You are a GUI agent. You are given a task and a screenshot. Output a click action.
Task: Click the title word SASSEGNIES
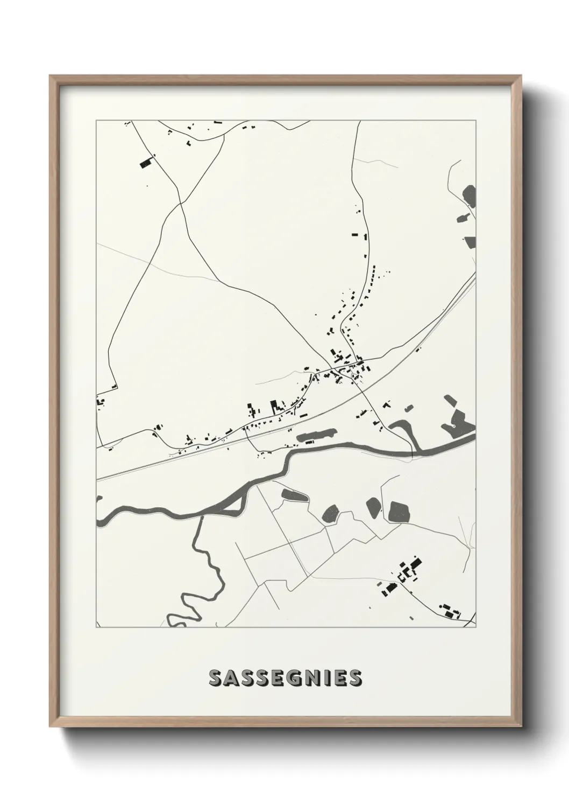285,678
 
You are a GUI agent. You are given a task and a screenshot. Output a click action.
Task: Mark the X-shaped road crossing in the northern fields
180,204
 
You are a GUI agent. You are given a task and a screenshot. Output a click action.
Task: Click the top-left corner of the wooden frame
51,77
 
